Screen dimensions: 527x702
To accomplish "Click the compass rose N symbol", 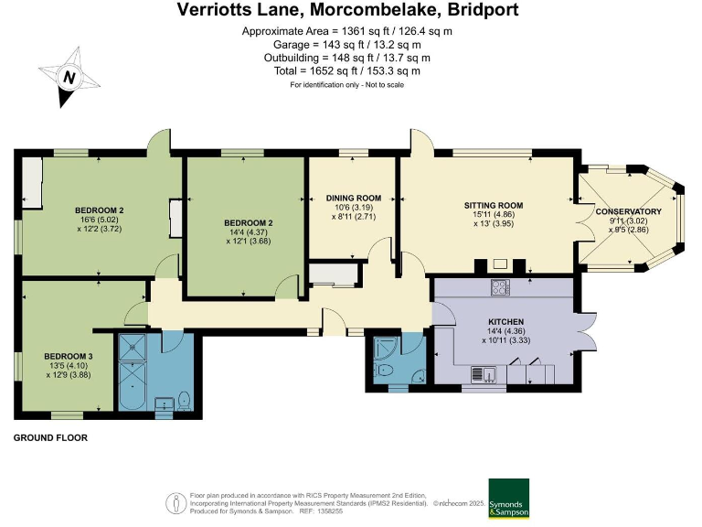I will (67, 78).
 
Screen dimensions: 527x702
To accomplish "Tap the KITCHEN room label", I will (505, 322).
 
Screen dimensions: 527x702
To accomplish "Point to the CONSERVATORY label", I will (628, 212).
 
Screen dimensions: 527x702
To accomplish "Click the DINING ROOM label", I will (354, 198).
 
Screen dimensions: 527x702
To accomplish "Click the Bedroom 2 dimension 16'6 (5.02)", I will (100, 220).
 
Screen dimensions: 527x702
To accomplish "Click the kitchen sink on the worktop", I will (482, 372).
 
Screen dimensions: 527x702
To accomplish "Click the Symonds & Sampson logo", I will (509, 500).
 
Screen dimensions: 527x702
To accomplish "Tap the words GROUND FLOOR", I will (50, 438).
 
